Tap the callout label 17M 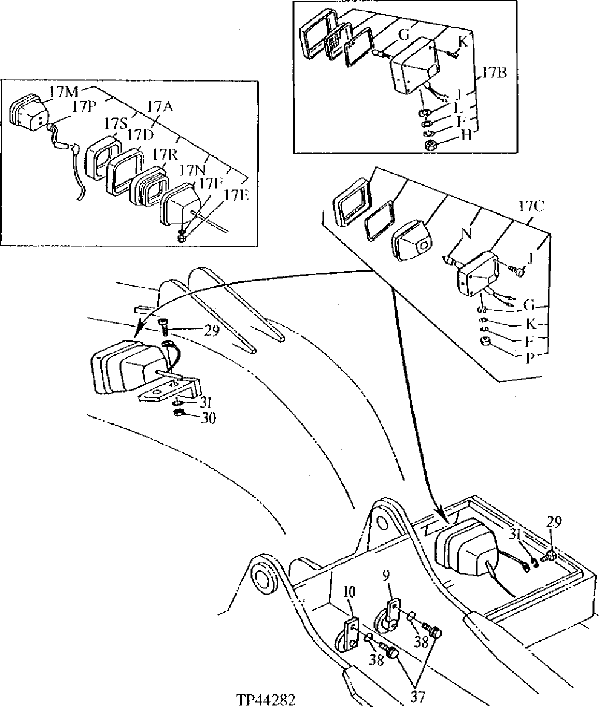click(x=65, y=92)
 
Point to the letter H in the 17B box click(x=465, y=135)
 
